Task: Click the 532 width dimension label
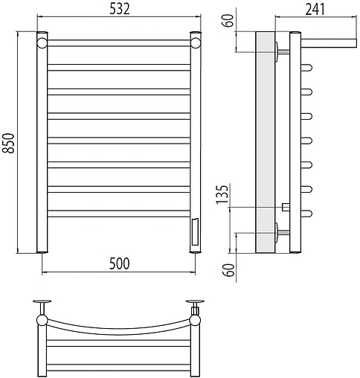[120, 9]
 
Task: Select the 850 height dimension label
[8, 144]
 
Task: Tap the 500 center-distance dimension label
[119, 263]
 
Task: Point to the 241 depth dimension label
[315, 10]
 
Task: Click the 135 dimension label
[222, 194]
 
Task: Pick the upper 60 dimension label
[228, 21]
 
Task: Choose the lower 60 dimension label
[228, 270]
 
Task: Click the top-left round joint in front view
[42, 42]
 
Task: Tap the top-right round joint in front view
[196, 42]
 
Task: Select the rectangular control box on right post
[195, 231]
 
